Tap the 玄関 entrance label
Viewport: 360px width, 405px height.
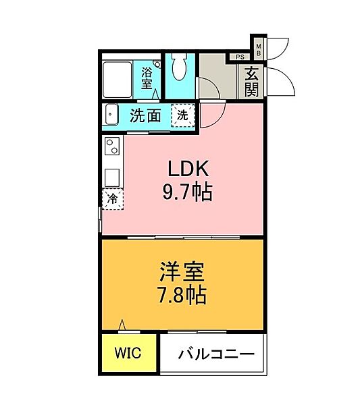tap(252, 81)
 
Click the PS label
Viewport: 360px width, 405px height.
tap(240, 57)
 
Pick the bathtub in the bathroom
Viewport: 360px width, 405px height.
tap(121, 79)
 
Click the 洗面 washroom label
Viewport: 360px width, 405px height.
tap(145, 115)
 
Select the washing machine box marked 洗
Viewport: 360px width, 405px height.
tap(182, 115)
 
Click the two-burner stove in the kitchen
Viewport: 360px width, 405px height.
tap(111, 145)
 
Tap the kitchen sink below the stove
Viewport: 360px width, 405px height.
tap(111, 174)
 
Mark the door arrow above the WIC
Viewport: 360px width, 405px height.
tap(122, 326)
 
